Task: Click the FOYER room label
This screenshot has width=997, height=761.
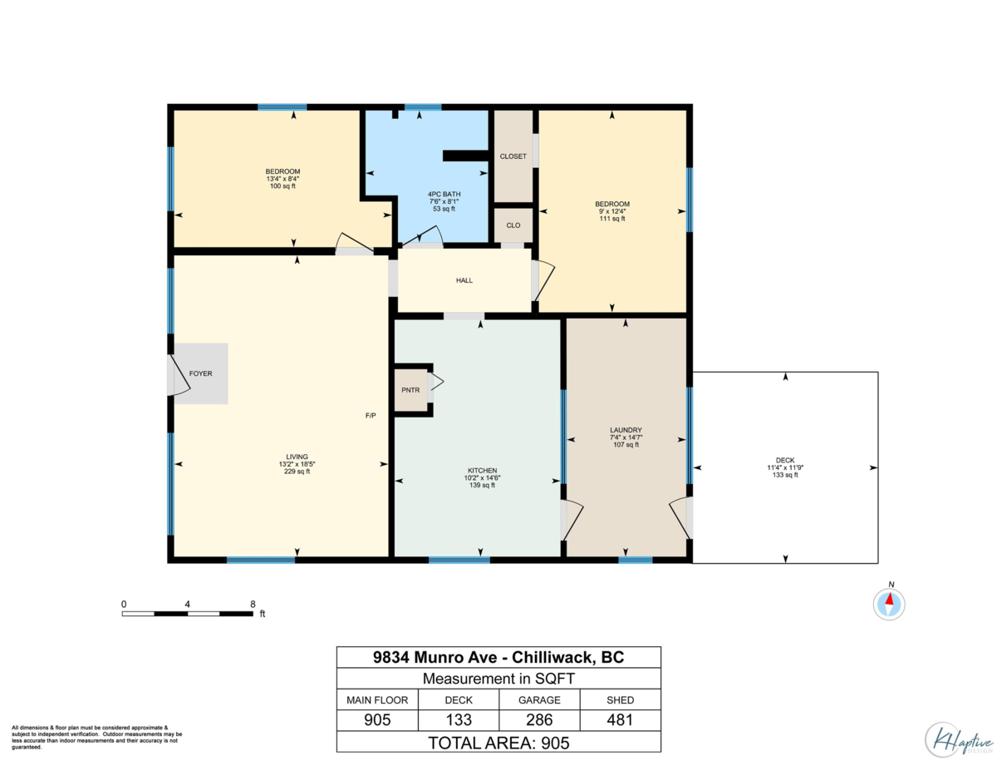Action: (x=200, y=374)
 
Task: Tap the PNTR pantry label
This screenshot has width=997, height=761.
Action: (x=410, y=390)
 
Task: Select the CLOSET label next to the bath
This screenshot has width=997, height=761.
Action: (x=513, y=156)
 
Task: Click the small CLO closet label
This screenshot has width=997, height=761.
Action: (x=513, y=225)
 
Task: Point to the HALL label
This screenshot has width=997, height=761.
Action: (x=464, y=281)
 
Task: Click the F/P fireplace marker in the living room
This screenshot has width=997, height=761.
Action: (x=371, y=415)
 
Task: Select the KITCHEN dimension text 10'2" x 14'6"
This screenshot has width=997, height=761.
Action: (x=482, y=478)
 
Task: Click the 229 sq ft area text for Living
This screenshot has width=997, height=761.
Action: (x=297, y=472)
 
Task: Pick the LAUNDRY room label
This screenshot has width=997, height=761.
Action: (x=626, y=430)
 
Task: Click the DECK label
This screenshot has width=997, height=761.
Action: (x=785, y=460)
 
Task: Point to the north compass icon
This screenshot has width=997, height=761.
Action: (x=890, y=602)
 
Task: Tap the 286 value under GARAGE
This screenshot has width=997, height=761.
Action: (x=540, y=720)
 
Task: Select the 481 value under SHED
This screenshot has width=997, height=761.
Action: (x=621, y=720)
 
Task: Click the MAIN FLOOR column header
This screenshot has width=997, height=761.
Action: (x=376, y=699)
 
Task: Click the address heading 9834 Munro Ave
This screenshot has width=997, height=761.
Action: (x=498, y=657)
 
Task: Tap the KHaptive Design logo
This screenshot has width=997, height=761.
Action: (x=957, y=736)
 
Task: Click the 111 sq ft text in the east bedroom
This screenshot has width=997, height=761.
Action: (x=612, y=219)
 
